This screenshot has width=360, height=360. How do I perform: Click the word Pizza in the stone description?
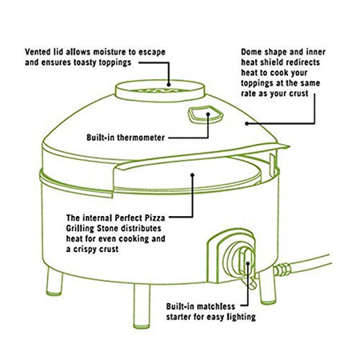[154, 218]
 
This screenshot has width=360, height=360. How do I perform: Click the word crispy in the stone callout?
[86, 250]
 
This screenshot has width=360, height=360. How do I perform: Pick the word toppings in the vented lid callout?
[115, 62]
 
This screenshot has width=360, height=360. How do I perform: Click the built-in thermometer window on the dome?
[206, 114]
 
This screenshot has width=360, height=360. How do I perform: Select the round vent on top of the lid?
[160, 90]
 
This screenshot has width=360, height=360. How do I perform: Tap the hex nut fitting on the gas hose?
[282, 270]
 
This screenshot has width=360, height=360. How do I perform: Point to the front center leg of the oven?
[142, 306]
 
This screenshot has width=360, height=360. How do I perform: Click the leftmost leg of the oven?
[54, 282]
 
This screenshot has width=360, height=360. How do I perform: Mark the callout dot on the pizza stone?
[192, 174]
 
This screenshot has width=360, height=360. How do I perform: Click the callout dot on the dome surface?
[247, 123]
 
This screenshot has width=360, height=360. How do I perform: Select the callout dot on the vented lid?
[169, 85]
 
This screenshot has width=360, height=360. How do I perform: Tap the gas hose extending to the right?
[310, 264]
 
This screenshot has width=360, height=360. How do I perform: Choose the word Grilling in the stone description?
[80, 229]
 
